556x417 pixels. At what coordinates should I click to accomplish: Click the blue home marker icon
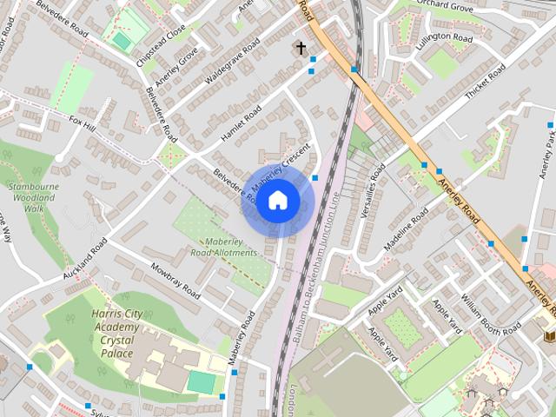pos(277,201)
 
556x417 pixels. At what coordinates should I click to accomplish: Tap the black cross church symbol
pos(301,48)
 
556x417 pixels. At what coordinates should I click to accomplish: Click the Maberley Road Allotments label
pos(224,247)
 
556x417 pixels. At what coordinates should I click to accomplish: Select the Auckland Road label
pos(84,259)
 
